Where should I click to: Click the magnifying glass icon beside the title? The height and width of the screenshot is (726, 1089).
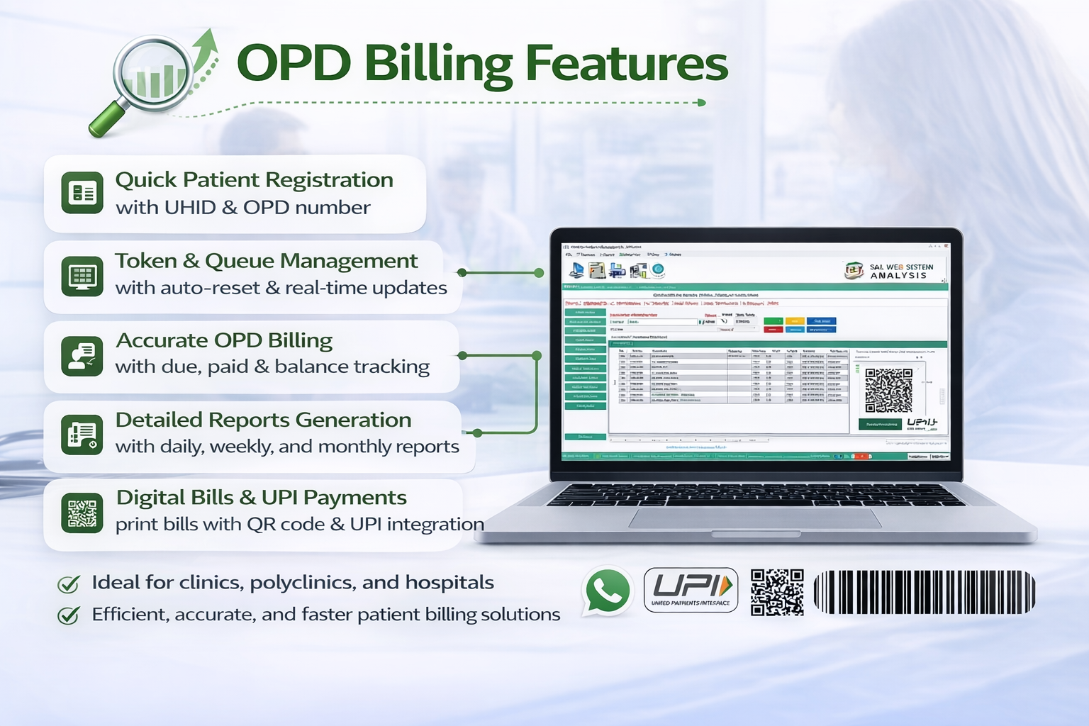(x=152, y=78)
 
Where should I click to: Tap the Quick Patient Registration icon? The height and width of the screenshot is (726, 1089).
(x=82, y=192)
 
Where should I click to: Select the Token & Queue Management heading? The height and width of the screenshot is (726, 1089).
(x=266, y=261)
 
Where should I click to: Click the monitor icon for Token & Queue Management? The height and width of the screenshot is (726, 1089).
(x=82, y=276)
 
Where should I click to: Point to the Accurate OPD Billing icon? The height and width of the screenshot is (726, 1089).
(x=82, y=355)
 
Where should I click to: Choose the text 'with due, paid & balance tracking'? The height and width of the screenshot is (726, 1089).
(x=272, y=367)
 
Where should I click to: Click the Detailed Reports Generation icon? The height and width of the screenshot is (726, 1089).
(x=82, y=435)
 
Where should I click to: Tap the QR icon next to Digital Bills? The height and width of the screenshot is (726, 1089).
(x=82, y=513)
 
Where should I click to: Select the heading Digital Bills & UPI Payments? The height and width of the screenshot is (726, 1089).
(x=261, y=498)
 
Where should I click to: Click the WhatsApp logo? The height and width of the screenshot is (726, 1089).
(x=608, y=591)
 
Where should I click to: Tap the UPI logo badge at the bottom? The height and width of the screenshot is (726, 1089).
(x=691, y=590)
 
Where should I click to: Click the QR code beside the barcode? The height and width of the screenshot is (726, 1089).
(x=777, y=591)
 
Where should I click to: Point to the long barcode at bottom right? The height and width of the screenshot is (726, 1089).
(x=924, y=591)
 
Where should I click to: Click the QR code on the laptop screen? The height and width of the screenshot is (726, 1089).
(x=888, y=390)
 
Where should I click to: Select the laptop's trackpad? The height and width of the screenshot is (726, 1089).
(x=755, y=518)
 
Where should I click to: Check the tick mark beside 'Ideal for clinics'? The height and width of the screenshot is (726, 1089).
(x=69, y=584)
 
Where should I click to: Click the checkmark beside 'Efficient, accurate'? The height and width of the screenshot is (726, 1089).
(x=69, y=615)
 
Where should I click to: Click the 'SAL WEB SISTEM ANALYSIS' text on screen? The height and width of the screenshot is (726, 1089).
(x=900, y=271)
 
